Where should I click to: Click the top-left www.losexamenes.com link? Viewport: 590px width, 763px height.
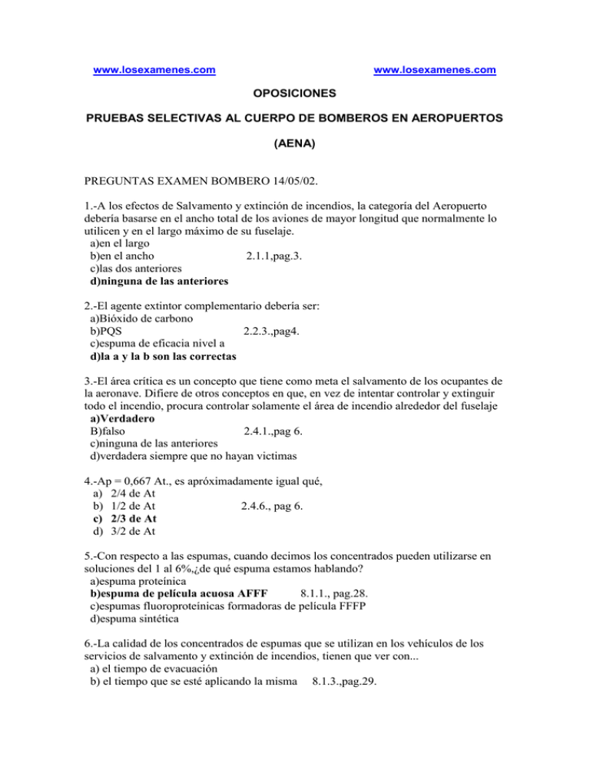[154, 71]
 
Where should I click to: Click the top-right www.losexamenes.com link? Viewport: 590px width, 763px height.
[434, 71]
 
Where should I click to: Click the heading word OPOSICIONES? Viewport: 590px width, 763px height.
[294, 94]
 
